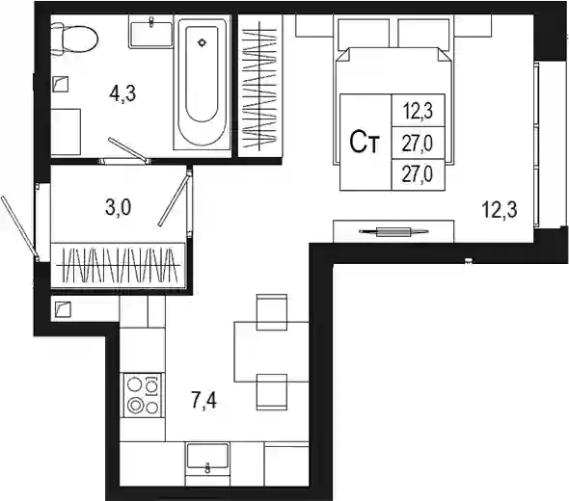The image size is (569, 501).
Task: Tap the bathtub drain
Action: coord(202,42)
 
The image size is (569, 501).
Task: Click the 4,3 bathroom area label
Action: coord(122,93)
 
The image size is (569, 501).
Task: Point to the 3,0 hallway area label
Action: coord(119,207)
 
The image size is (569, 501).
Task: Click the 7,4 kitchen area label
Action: coord(203,401)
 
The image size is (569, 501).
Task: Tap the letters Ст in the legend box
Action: coord(365,142)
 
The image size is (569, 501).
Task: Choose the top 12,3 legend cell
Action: coord(418,111)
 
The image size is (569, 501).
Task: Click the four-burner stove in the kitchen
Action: coord(143,395)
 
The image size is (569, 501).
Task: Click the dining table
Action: coord(271,352)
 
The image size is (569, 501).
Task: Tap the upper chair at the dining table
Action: coord(272,312)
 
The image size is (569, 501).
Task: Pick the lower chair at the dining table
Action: coord(272,392)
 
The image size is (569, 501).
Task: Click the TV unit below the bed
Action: coord(393,231)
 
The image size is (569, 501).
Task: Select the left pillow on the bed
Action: coord(364,34)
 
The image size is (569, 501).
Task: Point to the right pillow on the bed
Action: coord(423,34)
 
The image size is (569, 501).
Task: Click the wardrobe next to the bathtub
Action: coord(259,87)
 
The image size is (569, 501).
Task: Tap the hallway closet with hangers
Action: coord(119,265)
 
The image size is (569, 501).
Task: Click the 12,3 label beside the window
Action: coord(500,210)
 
